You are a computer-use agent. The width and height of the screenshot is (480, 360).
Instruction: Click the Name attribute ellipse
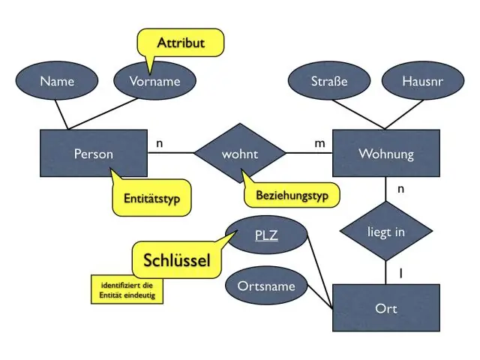point(57,81)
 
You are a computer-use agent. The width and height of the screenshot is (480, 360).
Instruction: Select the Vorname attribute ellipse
point(154,81)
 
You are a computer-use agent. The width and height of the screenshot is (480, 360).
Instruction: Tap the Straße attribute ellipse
point(329,81)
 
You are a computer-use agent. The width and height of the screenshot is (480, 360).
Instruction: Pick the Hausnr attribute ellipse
point(423,81)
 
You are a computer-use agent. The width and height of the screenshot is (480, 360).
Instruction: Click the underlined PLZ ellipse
point(266,235)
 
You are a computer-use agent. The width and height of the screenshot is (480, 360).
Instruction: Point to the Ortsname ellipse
point(266,286)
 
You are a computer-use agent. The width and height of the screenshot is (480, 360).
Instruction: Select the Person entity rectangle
point(94,153)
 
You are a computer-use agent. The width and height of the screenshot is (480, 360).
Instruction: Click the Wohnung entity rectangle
point(386,153)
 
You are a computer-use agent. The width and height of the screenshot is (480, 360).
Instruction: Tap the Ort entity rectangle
point(386,308)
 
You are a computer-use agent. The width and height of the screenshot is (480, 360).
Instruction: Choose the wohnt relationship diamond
point(240,153)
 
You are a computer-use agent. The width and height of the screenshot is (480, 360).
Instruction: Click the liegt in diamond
point(386,231)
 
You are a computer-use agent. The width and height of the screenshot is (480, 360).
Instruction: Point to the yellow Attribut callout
point(181,43)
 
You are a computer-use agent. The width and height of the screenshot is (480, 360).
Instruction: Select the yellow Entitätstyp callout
point(151,198)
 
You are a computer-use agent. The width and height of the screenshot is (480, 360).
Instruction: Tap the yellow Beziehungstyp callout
point(292,195)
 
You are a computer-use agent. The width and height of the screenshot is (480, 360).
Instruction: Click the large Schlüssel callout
point(177,260)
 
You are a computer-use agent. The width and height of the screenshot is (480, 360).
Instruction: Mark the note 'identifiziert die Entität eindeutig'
point(127,290)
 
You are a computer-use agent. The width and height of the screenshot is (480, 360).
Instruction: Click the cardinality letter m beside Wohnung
point(320,143)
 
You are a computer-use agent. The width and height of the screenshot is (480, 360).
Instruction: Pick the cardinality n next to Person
point(160,143)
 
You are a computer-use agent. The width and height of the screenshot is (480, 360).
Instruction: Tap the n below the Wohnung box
point(400,189)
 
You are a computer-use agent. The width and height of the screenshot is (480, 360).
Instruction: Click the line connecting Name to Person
point(61,115)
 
